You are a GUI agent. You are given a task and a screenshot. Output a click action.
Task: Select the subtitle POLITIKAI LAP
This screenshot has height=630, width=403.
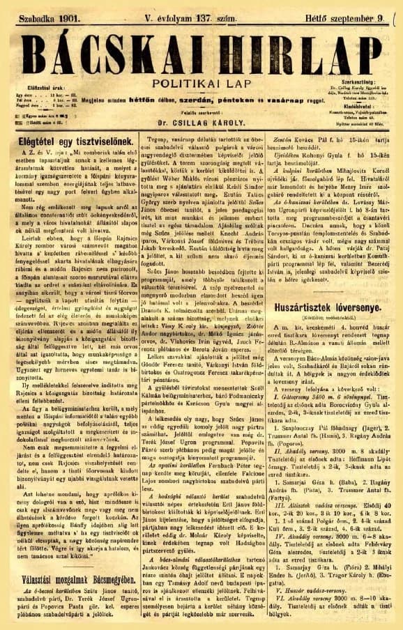201,82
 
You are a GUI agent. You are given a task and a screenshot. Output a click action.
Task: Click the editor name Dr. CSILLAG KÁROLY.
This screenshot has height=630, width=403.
201,137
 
